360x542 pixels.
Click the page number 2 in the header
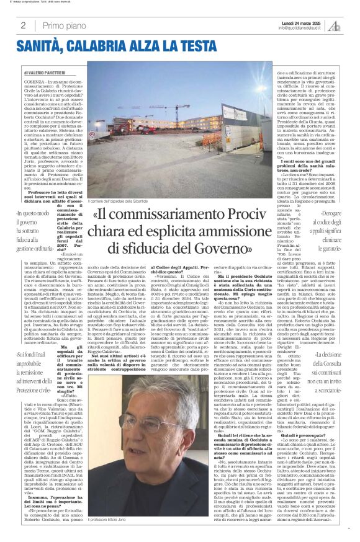22,25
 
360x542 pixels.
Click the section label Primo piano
62,25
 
